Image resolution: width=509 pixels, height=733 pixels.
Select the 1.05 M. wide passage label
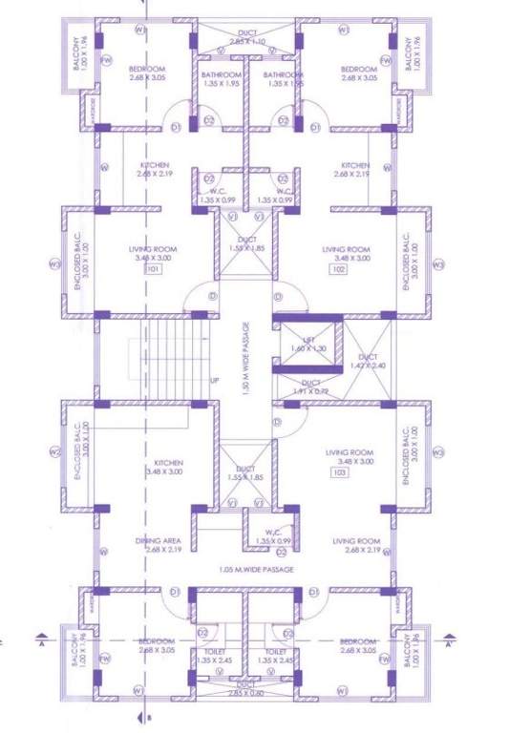(x=255, y=570)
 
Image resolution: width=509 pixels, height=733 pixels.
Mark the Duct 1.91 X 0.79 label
(x=304, y=387)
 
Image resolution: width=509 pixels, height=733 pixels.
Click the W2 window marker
(x=55, y=452)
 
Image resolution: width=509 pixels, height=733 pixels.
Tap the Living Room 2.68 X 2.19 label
(x=357, y=545)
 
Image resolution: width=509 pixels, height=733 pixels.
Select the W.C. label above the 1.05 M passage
(x=272, y=535)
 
